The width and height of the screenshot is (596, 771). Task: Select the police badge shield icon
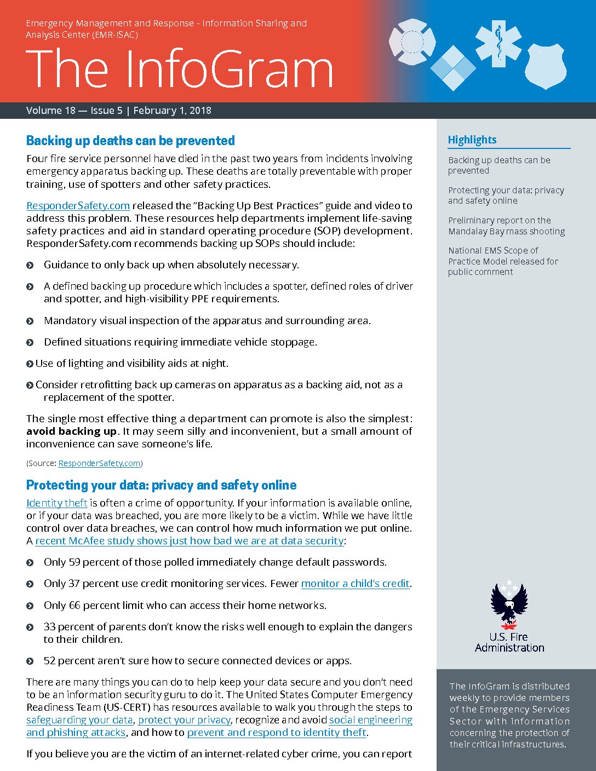[x=546, y=66]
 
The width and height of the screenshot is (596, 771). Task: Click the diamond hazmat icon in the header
[x=453, y=68]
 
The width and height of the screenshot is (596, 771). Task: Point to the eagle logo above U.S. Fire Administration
[x=509, y=605]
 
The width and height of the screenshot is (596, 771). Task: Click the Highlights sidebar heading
[x=472, y=140]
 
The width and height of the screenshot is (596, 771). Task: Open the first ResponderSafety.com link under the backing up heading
[x=78, y=206]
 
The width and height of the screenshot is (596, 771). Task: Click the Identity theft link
[x=57, y=503]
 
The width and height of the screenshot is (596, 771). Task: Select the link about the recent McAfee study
[x=190, y=541]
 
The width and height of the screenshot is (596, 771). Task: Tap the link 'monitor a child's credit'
[x=355, y=584]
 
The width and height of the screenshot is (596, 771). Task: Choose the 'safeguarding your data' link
[x=79, y=720]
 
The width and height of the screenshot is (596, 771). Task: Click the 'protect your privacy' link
[x=184, y=720]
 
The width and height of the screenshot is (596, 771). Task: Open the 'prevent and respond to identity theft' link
[x=277, y=733]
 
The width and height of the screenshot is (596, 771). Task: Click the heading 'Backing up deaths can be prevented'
[x=130, y=141]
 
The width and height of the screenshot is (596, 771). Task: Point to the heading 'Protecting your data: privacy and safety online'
[x=161, y=485]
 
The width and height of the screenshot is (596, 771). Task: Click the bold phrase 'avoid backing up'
[x=71, y=431]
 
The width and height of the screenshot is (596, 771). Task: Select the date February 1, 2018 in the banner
[x=172, y=111]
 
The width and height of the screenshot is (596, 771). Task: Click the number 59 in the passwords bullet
[x=74, y=562]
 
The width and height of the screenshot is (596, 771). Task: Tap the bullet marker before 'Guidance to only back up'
[x=30, y=266]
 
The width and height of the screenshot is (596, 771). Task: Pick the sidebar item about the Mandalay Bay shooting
[x=506, y=226]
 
